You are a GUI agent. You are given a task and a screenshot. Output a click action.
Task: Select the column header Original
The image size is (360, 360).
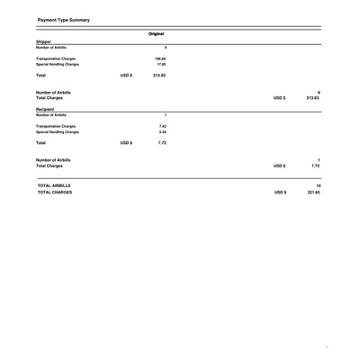click(x=162, y=32)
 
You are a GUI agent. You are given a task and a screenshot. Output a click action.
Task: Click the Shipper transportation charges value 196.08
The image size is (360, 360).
click(x=162, y=59)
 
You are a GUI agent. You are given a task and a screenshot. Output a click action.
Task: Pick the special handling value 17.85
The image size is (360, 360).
click(x=162, y=67)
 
